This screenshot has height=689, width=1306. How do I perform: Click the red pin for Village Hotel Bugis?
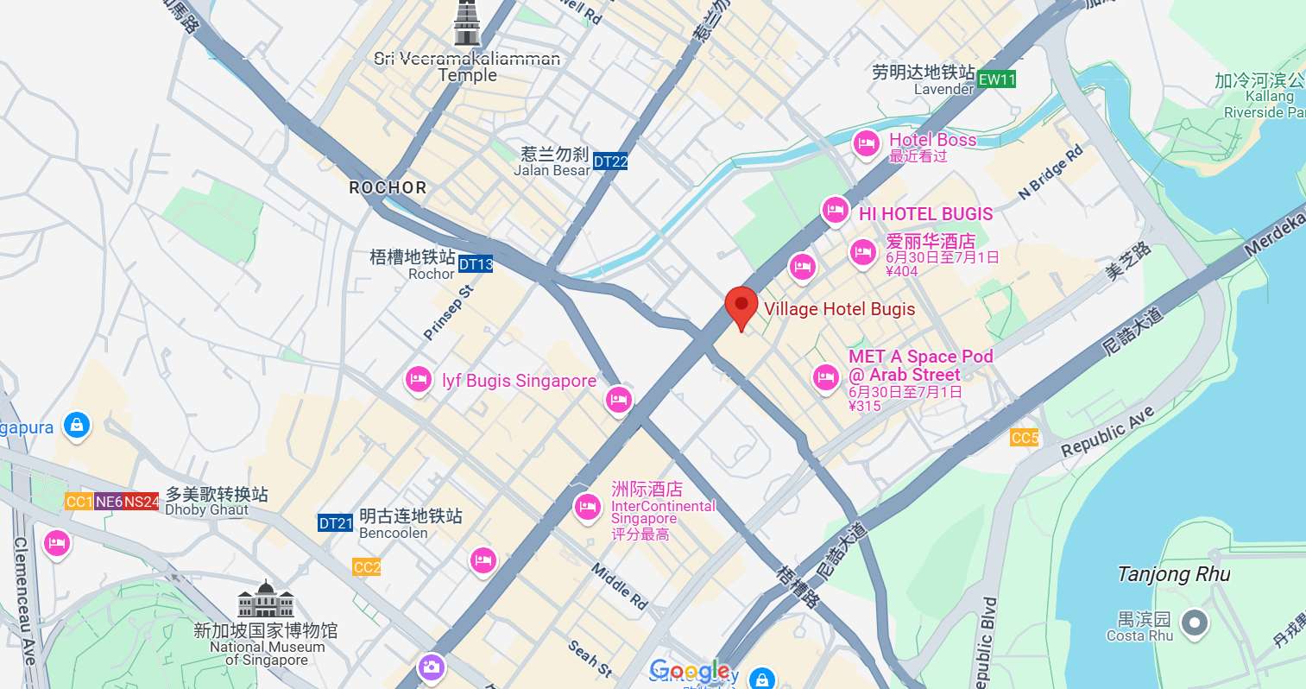(741, 306)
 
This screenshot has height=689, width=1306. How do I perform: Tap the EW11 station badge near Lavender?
(997, 79)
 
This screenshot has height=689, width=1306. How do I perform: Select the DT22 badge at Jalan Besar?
(610, 161)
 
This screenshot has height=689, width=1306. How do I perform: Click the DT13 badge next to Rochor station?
(476, 264)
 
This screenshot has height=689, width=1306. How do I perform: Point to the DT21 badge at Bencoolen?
(336, 523)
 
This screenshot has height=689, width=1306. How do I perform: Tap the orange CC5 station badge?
(1024, 438)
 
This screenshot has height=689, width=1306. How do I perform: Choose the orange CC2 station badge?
(367, 567)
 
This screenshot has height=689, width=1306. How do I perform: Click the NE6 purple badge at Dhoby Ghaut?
(109, 502)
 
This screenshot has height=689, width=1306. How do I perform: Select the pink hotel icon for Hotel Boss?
(866, 143)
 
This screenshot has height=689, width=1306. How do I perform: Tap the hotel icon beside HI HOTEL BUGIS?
(835, 210)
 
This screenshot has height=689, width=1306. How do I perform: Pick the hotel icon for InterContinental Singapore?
(588, 506)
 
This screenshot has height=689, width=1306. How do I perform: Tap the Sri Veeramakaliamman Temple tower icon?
(466, 23)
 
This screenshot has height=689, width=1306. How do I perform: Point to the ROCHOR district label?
(388, 187)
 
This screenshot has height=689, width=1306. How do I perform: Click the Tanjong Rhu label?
(1173, 574)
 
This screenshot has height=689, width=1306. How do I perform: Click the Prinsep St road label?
(449, 313)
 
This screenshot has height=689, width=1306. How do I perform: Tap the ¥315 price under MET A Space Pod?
(865, 406)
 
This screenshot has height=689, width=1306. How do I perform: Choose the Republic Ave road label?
(1107, 431)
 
